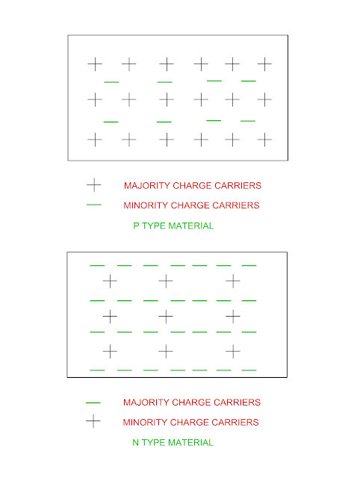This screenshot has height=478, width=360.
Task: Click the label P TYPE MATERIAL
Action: point(173,226)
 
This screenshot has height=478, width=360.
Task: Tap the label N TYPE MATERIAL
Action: point(173,442)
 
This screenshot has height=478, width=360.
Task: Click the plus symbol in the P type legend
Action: point(94,184)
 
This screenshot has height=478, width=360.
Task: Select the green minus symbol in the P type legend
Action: point(94,205)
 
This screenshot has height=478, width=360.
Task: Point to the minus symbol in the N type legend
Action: point(93,403)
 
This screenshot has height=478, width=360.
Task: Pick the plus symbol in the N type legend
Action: point(93,421)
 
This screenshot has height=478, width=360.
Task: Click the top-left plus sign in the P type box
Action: point(95,64)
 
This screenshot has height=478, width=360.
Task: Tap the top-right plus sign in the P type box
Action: point(264,64)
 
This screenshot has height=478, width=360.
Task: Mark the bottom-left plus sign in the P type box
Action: point(95,139)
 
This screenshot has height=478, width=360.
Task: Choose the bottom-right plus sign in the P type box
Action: point(264,139)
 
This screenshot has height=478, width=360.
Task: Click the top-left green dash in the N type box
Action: point(97,265)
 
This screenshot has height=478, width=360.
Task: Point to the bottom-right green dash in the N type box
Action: point(249,370)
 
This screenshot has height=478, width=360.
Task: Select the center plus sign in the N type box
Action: point(166,316)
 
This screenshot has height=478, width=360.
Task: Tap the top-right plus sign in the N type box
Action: point(233,281)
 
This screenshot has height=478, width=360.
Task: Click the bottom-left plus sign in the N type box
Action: point(110,350)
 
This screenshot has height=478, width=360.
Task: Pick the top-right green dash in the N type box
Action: point(249,265)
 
